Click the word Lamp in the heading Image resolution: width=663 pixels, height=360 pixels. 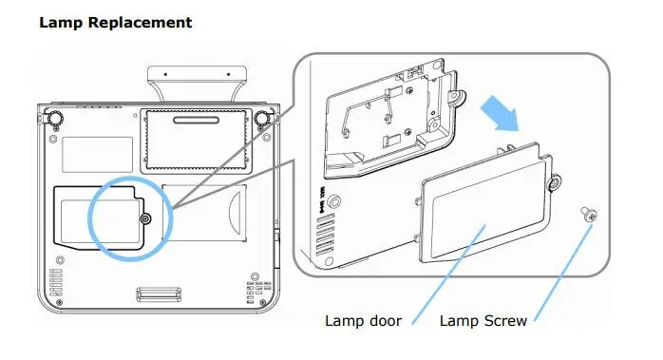62,23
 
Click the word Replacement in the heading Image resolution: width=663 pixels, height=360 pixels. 141,23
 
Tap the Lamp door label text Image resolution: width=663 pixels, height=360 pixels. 363,321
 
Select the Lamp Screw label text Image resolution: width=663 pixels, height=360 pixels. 483,321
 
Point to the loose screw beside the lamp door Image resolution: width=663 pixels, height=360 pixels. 589,214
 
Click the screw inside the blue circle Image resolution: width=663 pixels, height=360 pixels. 146,218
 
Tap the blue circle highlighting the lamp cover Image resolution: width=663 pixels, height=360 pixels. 88,218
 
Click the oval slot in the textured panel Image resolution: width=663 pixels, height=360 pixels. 197,120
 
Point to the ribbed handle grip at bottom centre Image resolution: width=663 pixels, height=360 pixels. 159,294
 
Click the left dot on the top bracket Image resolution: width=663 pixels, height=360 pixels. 165,74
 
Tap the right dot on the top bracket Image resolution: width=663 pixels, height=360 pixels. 228,74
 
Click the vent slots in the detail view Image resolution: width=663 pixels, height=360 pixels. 325,236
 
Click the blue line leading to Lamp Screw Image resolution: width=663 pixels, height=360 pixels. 563,274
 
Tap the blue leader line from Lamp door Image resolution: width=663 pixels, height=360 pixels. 448,275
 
